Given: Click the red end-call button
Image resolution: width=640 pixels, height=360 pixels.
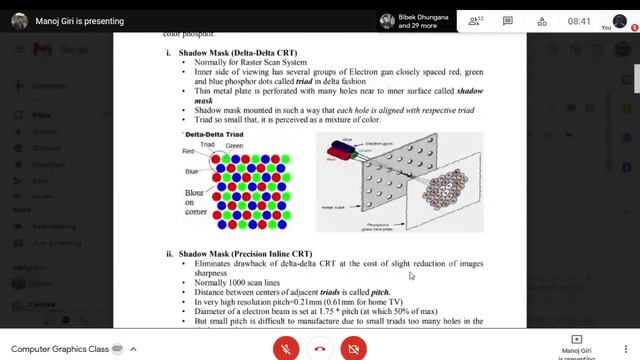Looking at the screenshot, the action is (x=320, y=348).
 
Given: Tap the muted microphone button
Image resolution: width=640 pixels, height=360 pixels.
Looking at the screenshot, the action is (x=287, y=348).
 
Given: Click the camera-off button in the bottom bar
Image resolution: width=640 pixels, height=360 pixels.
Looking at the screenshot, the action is (x=353, y=348).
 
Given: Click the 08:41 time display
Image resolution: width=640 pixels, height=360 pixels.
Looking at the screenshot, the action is (x=579, y=21).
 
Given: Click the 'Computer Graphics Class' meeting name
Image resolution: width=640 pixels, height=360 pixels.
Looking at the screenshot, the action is (x=60, y=348).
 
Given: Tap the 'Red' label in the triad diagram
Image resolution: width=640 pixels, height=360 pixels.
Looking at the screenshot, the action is (x=188, y=151).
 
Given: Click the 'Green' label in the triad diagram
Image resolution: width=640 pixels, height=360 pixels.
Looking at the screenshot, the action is (x=234, y=146).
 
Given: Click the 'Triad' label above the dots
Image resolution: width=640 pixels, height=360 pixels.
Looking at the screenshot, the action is (x=207, y=144).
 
